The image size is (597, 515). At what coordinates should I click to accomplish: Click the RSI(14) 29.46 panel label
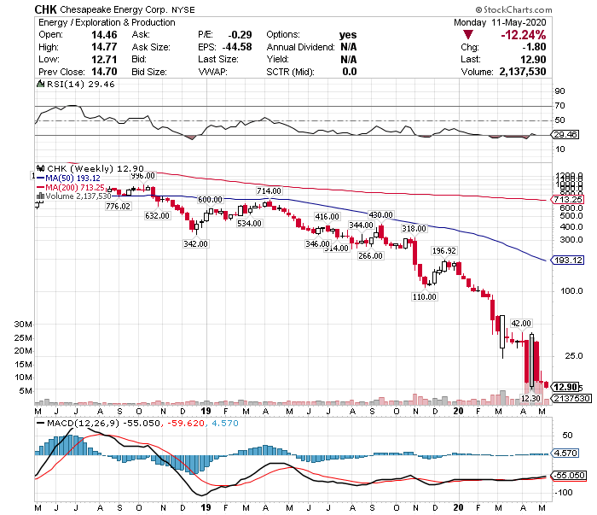69,85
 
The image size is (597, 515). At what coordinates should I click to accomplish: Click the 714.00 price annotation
269,190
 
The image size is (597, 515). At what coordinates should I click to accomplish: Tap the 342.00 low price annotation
195,243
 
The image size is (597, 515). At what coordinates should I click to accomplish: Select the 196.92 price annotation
445,251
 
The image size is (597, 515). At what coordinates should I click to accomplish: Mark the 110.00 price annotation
424,297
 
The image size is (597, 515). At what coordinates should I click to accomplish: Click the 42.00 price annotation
521,323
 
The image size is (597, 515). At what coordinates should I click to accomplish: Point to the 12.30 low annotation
530,397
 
